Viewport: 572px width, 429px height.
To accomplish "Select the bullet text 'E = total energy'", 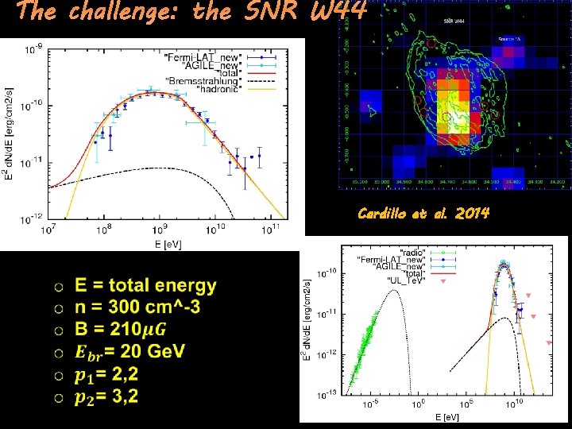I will click(x=145, y=286).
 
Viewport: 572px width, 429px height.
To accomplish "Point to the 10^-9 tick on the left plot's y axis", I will click(x=33, y=49).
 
